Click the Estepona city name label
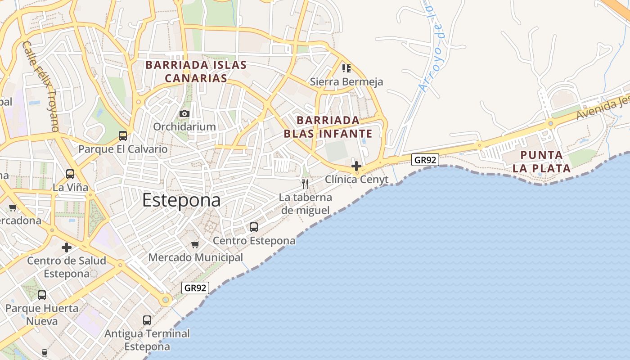click(x=181, y=201)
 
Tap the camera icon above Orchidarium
click(x=184, y=113)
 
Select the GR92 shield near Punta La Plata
click(x=425, y=160)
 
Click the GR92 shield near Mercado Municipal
click(x=195, y=288)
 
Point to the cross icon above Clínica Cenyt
click(x=356, y=166)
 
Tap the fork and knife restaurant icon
click(x=305, y=184)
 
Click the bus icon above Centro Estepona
click(x=254, y=227)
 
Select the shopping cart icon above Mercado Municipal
click(x=195, y=244)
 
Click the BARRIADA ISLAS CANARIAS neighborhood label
click(x=196, y=72)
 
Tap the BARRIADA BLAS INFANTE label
click(x=328, y=127)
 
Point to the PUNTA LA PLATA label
click(x=545, y=162)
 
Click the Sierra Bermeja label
click(x=346, y=82)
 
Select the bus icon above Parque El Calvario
click(x=122, y=135)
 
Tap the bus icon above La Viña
click(x=70, y=174)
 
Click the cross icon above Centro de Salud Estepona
click(x=67, y=247)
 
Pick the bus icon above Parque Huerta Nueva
click(x=42, y=295)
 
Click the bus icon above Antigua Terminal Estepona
click(x=147, y=320)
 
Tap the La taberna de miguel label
click(x=305, y=204)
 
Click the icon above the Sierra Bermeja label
click(x=346, y=68)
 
